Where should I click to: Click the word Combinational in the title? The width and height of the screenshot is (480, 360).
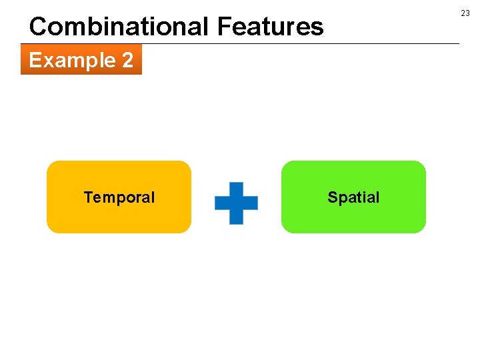coord(119,27)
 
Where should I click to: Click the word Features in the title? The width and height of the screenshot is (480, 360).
coord(270,27)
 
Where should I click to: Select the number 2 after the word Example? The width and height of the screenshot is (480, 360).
coord(127,61)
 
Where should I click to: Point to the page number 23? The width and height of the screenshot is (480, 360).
coord(465,13)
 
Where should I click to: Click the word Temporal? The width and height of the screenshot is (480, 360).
coord(119,197)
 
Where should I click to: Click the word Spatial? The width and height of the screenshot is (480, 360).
coord(353,197)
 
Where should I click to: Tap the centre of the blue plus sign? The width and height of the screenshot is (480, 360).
coord(236,203)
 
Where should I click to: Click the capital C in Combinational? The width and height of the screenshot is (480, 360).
coord(38,27)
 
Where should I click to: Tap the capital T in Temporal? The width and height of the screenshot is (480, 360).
coord(87,197)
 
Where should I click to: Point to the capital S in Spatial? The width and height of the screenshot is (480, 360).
coord(332,197)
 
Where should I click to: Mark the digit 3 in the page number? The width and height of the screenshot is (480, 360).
coord(467,13)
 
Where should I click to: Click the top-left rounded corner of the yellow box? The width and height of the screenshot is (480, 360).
coord(51,165)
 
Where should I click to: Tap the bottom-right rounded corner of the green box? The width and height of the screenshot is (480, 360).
coord(421,229)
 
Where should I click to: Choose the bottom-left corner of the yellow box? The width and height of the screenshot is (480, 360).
coord(51,229)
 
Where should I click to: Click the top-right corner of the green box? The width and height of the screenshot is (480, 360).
coord(421,165)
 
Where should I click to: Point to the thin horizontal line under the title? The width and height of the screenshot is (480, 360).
coord(300,44)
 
